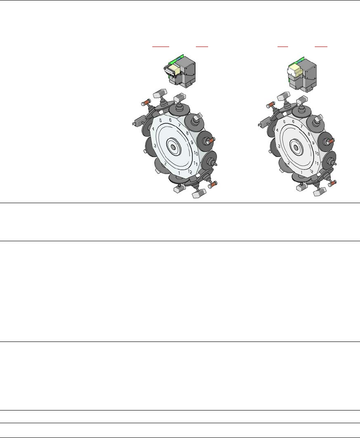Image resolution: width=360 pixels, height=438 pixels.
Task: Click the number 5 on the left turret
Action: (160, 120)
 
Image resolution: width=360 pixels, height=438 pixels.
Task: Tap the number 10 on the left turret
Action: (195, 153)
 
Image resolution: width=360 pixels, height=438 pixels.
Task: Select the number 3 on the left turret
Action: (155, 146)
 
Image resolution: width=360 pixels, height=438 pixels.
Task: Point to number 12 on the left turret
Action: (190, 171)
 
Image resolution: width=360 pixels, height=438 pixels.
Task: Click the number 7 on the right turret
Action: (301, 126)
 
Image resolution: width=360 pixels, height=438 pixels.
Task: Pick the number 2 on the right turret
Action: (289, 163)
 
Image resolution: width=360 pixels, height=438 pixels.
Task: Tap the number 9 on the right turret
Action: (313, 143)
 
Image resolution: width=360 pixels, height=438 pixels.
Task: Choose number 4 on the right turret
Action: (277, 130)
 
